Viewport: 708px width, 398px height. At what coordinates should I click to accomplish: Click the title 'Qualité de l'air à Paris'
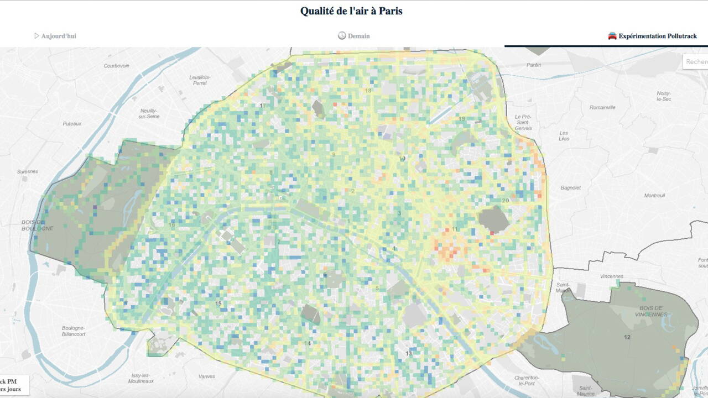351,11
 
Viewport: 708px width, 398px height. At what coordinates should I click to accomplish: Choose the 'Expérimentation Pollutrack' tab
657,36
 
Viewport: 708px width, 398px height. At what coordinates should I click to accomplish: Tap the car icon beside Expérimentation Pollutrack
612,36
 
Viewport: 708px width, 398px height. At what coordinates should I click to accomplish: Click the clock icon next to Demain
342,36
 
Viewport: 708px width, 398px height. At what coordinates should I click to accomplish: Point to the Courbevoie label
116,65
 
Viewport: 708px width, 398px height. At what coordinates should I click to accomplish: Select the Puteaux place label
72,123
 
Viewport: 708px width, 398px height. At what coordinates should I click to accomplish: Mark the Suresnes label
28,171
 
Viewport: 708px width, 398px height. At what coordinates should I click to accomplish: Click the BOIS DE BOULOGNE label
38,225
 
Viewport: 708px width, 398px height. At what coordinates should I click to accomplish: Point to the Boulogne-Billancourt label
74,331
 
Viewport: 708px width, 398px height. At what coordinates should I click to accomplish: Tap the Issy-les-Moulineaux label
141,378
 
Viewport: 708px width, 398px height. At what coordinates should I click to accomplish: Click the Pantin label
534,65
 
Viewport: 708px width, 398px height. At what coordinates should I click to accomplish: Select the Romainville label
602,107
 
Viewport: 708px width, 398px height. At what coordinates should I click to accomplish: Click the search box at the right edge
696,61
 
